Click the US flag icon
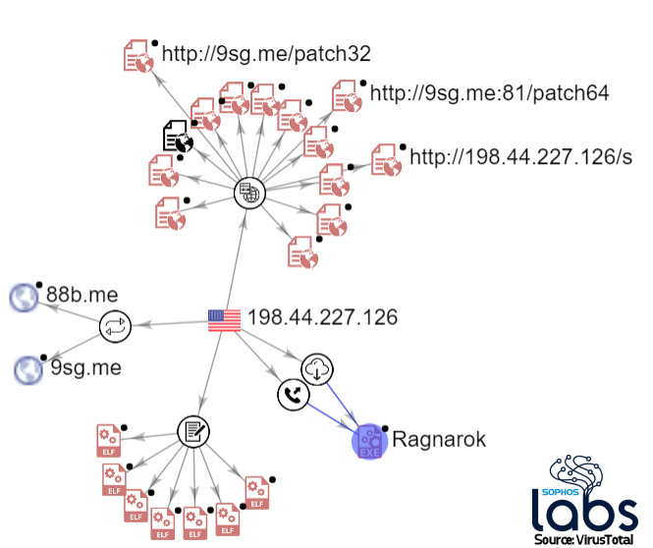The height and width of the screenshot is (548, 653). coord(224,319)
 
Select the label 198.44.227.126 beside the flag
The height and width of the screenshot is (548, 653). coord(322,318)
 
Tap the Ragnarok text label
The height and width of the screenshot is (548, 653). coord(439,439)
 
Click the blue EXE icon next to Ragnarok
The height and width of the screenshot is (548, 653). coord(368,441)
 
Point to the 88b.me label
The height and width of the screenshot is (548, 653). coord(82,294)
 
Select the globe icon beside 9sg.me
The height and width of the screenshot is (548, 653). coord(27,369)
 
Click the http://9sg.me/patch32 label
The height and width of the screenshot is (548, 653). coord(265,52)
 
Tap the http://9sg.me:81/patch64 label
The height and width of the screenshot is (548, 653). coord(489,93)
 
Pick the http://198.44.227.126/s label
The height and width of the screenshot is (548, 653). coord(520,157)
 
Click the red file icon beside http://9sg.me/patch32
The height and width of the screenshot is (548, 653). coord(138,55)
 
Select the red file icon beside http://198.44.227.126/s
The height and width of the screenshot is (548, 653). coord(386,160)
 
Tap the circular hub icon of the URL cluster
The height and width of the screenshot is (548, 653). coord(250,192)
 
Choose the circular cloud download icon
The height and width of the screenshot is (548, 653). coord(318,369)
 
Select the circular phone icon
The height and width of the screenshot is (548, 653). coord(294,394)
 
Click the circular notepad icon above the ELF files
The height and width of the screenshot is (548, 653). coord(193,430)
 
